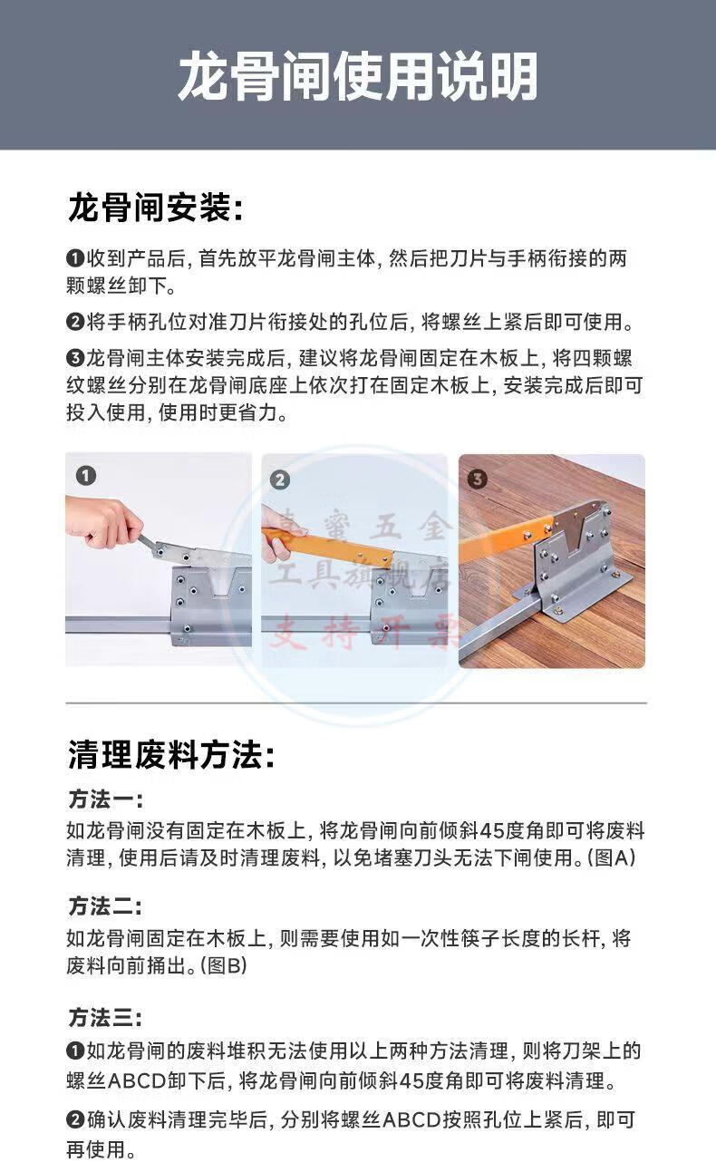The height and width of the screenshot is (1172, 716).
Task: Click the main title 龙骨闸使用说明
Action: [x=358, y=76]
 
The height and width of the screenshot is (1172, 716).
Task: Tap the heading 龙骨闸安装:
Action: [x=156, y=208]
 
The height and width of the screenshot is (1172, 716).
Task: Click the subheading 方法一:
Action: [x=105, y=799]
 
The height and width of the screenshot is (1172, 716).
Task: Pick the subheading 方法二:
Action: [x=105, y=906]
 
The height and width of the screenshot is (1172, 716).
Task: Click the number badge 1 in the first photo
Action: [x=86, y=476]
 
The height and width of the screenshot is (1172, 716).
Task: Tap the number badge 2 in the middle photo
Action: [x=280, y=479]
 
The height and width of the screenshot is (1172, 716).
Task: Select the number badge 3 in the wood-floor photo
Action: [x=477, y=479]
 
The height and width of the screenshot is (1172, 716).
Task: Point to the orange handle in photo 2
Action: [x=328, y=546]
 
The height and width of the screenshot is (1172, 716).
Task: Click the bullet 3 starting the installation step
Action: [x=75, y=358]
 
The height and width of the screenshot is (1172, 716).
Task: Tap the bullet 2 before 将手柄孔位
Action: [x=75, y=321]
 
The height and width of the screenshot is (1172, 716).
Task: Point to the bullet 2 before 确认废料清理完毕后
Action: [x=75, y=1119]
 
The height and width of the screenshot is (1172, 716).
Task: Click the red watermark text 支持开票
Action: [x=363, y=632]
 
